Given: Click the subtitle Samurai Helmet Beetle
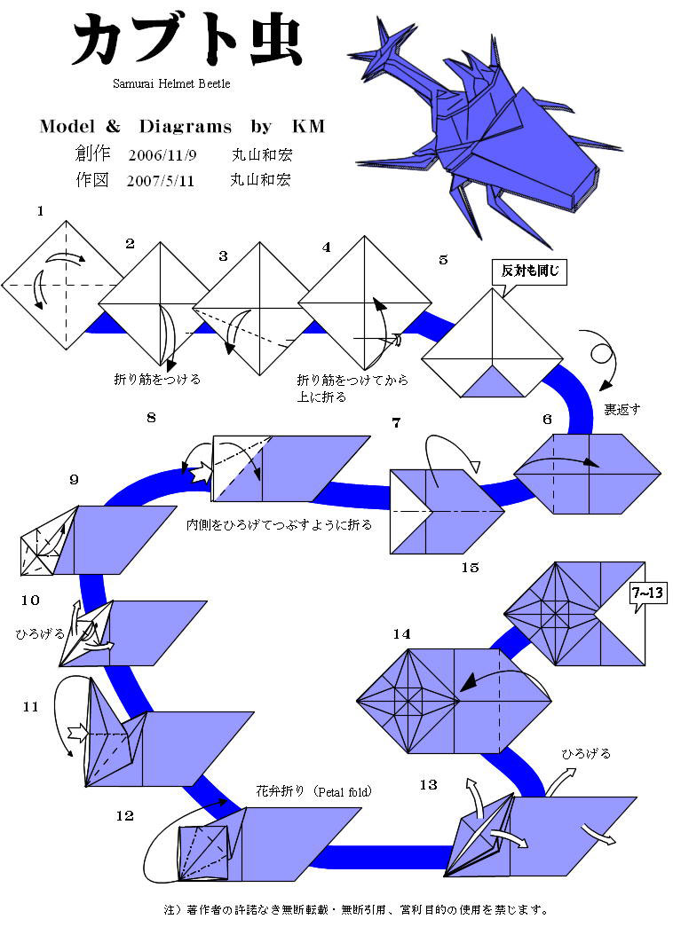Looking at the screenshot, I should click(x=171, y=83).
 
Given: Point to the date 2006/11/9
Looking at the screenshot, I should click(x=162, y=154).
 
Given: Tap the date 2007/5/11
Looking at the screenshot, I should click(x=162, y=180).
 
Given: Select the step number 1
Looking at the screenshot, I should click(x=40, y=211).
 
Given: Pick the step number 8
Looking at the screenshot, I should click(x=152, y=417).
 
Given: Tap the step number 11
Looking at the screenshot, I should click(x=31, y=707).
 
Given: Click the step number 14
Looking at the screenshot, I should click(x=401, y=633).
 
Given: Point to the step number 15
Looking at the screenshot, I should click(x=470, y=567).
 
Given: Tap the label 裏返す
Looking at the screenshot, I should click(x=622, y=410).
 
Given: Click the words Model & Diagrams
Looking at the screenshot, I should click(x=133, y=127).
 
